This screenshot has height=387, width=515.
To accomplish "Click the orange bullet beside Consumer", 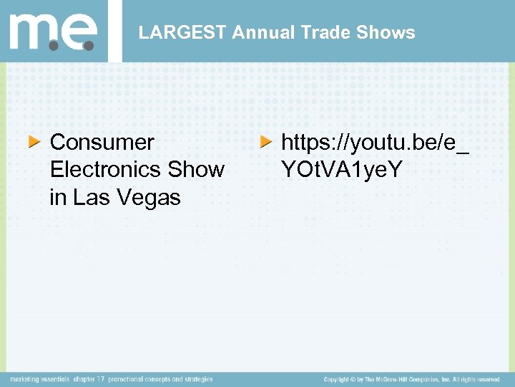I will click(34, 142).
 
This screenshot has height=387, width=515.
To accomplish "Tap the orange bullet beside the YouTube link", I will click(265, 142).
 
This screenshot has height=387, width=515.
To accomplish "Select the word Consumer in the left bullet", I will click(102, 142).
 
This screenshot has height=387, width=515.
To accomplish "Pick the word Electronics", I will click(106, 170).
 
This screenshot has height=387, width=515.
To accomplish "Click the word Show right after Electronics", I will click(196, 170).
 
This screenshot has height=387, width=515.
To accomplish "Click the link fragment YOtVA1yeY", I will click(342, 170).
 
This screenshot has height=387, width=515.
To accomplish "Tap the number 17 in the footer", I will click(102, 379).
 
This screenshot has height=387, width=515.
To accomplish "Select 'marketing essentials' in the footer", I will click(40, 379).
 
